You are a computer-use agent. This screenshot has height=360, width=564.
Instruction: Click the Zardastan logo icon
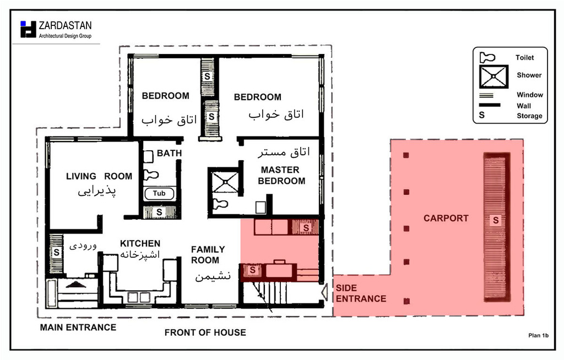pos(29,29)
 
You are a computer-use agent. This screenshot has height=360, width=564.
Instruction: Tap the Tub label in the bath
pos(159,194)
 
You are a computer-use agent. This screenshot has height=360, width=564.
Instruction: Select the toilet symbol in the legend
pos(487,58)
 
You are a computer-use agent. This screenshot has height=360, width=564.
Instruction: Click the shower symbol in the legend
pos(493,77)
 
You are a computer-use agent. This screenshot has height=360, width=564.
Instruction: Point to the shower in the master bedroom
pos(225,183)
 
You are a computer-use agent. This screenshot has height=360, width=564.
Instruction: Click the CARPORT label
pos(446,219)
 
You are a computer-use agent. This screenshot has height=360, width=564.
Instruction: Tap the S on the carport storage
pos(496,220)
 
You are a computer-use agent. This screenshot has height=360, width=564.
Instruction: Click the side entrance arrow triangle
pos(324,291)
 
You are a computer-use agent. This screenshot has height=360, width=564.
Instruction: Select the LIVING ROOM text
pos(99,176)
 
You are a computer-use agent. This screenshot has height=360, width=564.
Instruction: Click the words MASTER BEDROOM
pos(281,175)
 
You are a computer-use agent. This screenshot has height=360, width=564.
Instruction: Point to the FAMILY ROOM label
pos(208,255)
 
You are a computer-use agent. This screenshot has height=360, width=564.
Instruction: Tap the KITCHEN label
pos(140,243)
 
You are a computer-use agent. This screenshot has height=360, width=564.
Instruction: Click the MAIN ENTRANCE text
pos(78,328)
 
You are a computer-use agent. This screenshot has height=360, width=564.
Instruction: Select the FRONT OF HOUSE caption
pos(205,332)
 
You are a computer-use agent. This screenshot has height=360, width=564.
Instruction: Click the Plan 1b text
pos(539,336)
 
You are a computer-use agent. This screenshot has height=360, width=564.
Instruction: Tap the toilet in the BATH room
pos(151,175)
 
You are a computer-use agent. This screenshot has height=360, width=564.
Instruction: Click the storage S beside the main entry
pos(57,252)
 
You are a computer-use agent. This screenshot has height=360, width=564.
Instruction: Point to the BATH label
pos(169,153)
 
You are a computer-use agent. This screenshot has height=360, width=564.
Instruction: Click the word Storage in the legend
pos(529,116)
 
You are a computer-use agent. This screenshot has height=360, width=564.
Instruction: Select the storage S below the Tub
pos(159,212)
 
